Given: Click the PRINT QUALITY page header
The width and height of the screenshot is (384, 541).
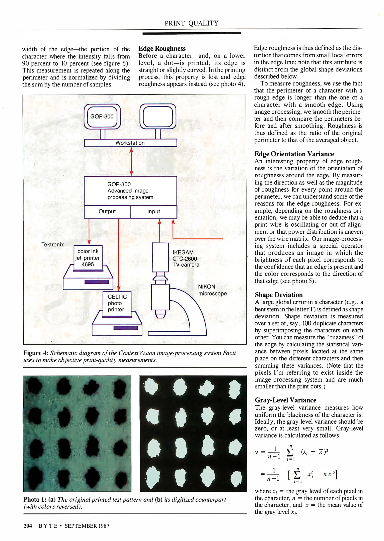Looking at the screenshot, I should click(x=191, y=23).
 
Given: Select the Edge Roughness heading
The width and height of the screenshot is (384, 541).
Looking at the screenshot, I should click(x=162, y=48).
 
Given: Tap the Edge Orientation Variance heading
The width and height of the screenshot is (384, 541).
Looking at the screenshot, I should click(x=294, y=154).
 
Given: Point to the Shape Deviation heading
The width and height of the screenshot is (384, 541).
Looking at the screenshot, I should click(x=279, y=295).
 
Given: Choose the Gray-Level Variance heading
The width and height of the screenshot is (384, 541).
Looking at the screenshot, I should click(x=285, y=400).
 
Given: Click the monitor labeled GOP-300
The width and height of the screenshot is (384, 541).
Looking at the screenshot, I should click(x=102, y=116).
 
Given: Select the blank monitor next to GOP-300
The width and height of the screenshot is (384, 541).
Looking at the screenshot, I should click(x=158, y=116).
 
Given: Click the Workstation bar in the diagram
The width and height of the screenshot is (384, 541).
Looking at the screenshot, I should click(x=130, y=143).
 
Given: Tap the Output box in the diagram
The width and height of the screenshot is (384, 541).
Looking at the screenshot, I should click(x=107, y=211).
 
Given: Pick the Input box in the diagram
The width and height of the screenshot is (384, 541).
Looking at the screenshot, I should click(x=153, y=211).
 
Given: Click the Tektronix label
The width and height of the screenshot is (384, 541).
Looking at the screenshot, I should click(x=52, y=244).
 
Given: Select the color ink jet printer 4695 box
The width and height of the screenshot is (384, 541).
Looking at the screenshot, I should click(x=88, y=258).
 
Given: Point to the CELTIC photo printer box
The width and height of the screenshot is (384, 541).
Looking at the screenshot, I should click(x=117, y=303).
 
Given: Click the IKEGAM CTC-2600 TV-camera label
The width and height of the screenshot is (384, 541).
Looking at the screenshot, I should click(x=186, y=258).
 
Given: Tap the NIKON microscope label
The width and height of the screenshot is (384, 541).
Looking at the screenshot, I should click(x=212, y=290).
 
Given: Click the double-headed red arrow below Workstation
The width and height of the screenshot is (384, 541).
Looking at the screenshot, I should click(x=131, y=162).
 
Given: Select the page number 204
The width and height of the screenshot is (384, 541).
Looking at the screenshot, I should click(x=28, y=526).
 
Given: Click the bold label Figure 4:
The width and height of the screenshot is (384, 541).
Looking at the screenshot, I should click(x=36, y=353).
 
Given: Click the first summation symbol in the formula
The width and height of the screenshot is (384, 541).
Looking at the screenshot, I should click(x=290, y=452).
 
